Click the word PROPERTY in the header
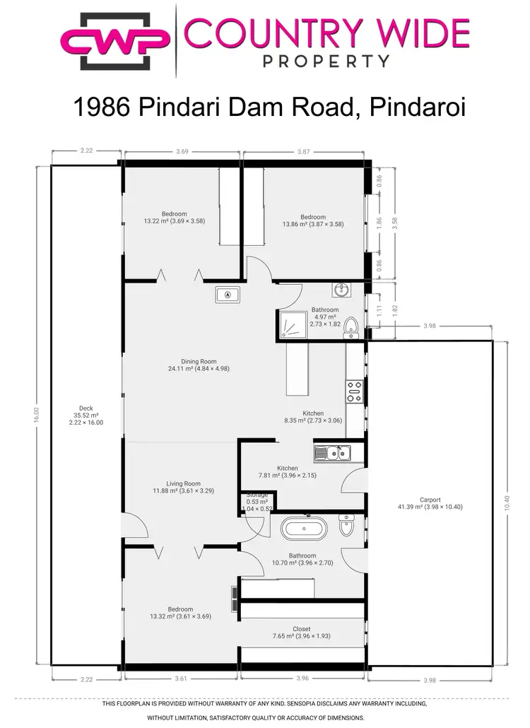click(x=326, y=61)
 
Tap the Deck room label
click(x=86, y=415)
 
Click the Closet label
click(x=302, y=632)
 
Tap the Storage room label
click(x=257, y=499)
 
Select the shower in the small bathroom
click(x=292, y=324)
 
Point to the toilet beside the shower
click(x=353, y=325)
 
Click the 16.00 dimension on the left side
click(x=36, y=415)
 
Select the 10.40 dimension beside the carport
click(x=506, y=503)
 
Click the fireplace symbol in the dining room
click(x=228, y=295)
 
